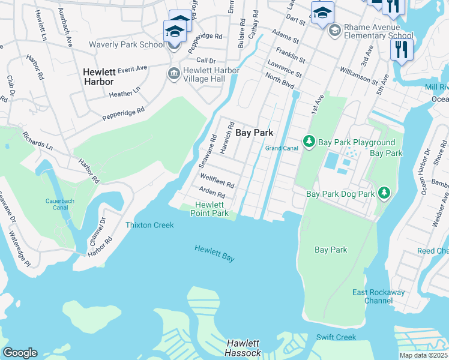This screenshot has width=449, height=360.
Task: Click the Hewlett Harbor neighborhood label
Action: [103, 76]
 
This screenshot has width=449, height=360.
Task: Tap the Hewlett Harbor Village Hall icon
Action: [174, 73]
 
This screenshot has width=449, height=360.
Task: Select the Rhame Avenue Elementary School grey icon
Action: [334, 30]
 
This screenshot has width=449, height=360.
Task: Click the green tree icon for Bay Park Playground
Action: [309, 142]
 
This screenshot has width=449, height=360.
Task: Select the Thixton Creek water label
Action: [149, 225]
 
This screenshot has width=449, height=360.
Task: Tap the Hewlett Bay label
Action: [214, 253]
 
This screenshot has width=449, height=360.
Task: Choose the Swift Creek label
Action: [337, 337]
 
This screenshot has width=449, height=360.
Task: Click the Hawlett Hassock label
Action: [244, 347]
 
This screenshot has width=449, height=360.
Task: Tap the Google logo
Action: [20, 353]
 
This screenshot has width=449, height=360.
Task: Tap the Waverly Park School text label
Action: [126, 44]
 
